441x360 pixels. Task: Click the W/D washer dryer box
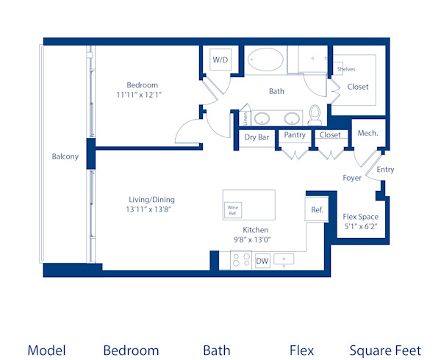[220, 60]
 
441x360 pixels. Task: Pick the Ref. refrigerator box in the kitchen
[317, 209]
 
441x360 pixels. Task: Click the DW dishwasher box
[262, 260]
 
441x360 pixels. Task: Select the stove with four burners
[241, 259]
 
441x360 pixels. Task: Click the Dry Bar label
[257, 137]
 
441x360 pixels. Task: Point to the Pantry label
[295, 135]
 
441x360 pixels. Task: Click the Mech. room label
[367, 133]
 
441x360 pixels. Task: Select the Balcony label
[65, 156]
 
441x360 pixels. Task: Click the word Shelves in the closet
[345, 69]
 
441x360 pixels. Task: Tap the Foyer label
[352, 178]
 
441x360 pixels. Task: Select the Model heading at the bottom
[46, 350]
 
